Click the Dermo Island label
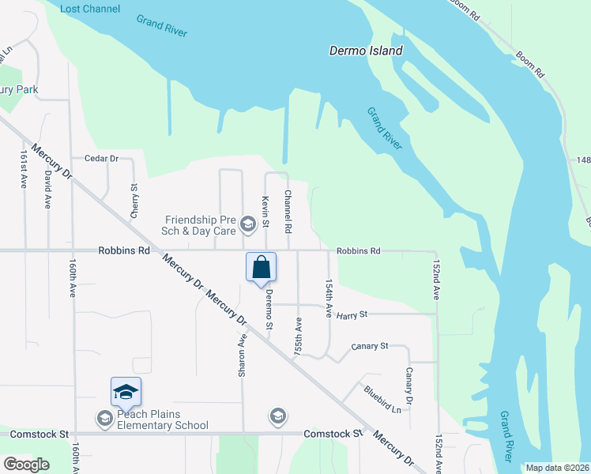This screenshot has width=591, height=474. tap(366, 51)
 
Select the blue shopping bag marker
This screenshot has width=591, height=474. tap(262, 269)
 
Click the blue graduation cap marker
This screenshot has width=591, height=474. tap(126, 391)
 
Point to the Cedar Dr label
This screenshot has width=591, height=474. tap(96, 159)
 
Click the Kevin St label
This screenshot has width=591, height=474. tap(266, 209)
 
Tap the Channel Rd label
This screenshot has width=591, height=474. tap(288, 211)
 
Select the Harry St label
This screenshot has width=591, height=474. tap(352, 315)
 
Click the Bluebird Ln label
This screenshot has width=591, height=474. tap(382, 398)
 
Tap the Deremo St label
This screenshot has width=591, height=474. tap(269, 309)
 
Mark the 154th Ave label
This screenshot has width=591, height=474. tap(329, 297)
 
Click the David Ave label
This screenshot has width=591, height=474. tap(48, 189)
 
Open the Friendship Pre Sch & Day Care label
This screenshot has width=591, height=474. tap(200, 225)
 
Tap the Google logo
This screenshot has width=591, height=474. tap(26, 465)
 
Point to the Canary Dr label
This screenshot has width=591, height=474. tap(409, 383)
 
